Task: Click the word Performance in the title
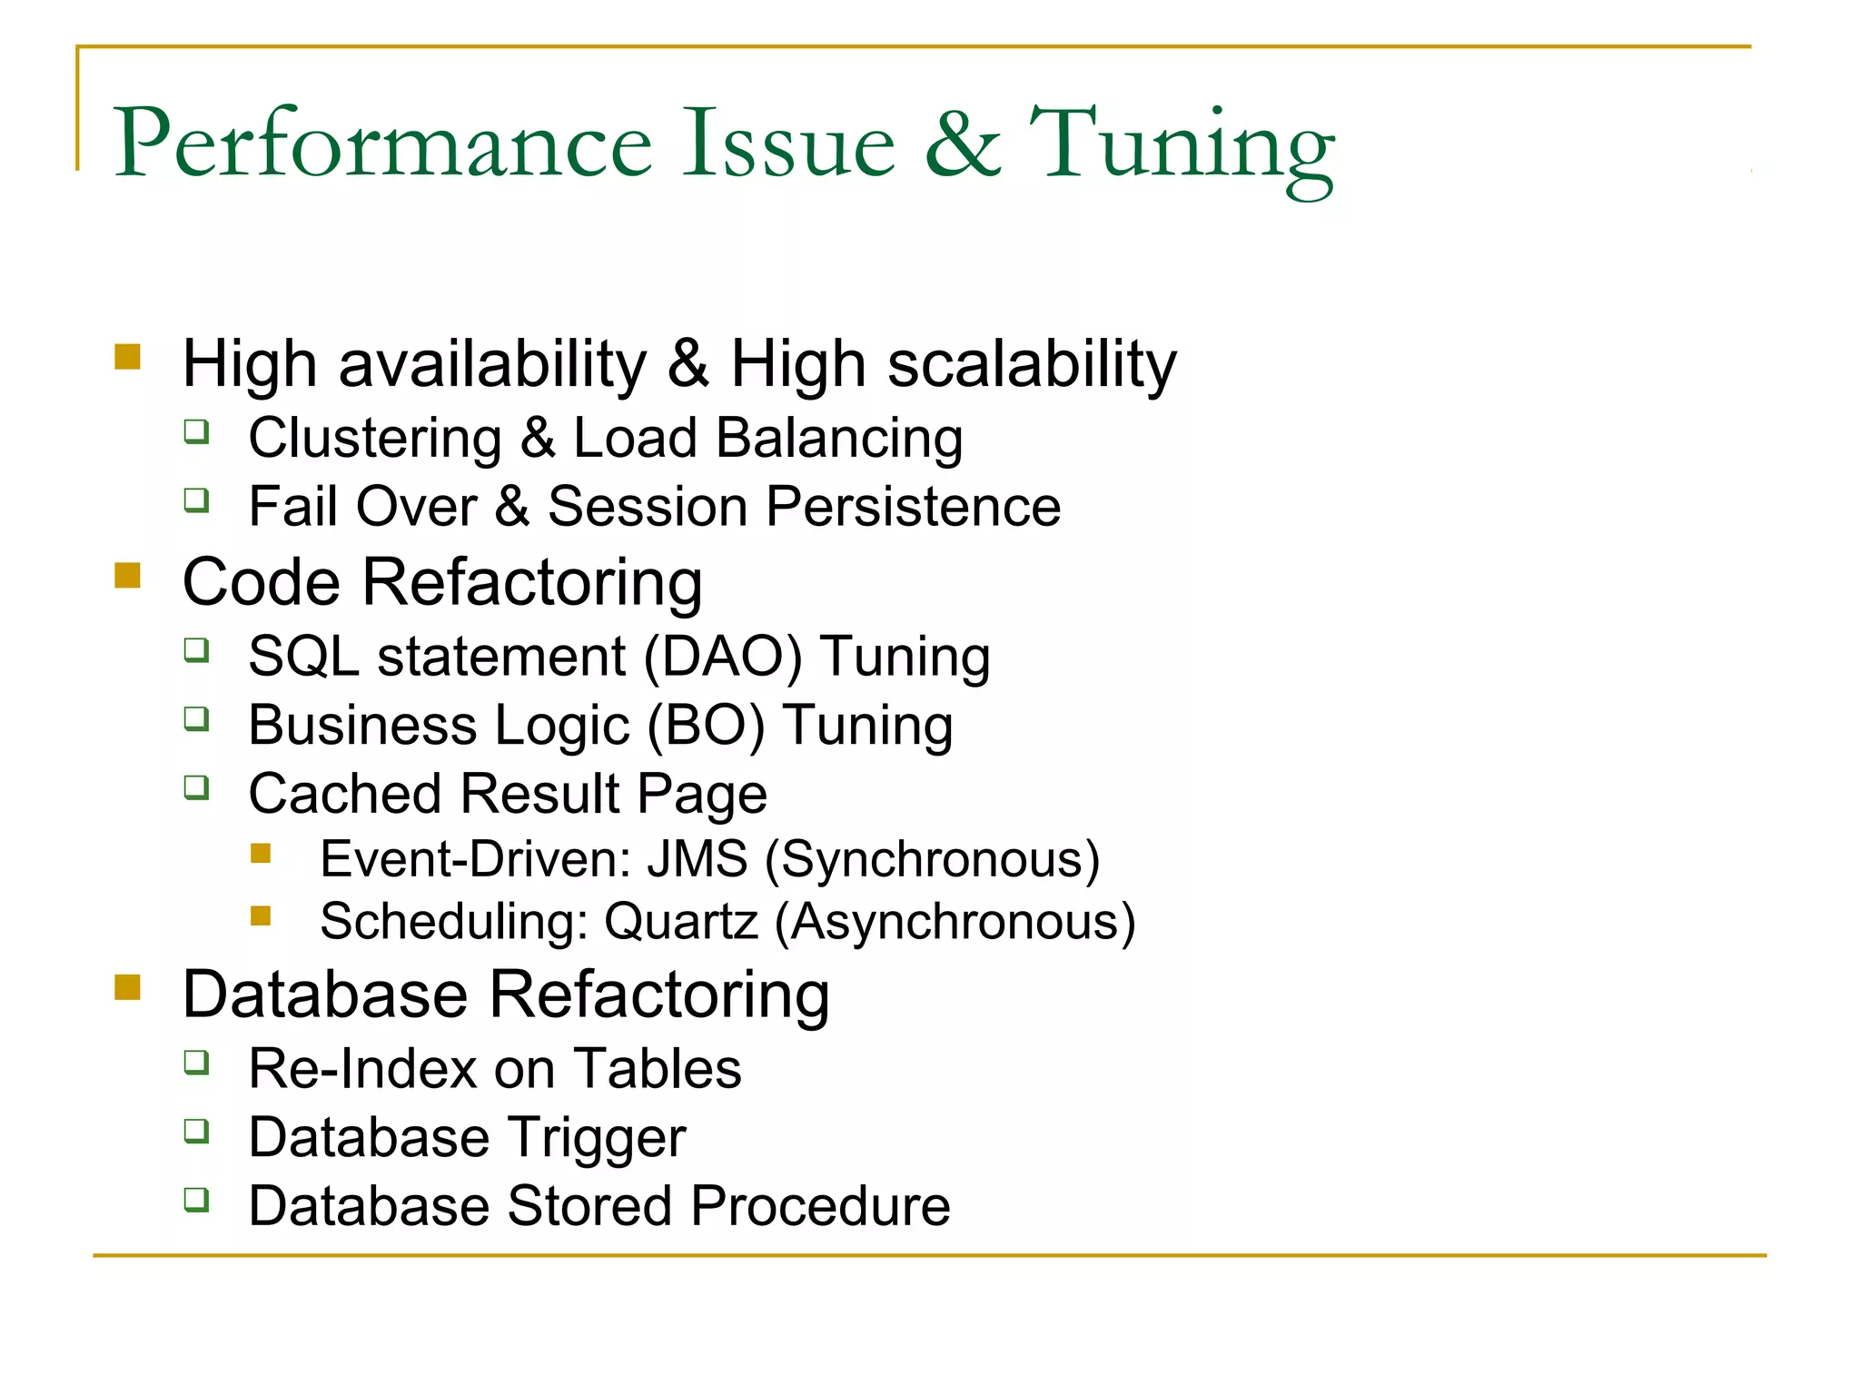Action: click(x=382, y=144)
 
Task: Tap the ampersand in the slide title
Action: click(x=963, y=144)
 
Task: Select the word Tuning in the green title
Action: click(x=1181, y=147)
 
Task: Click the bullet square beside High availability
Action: click(x=128, y=356)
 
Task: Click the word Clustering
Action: click(x=375, y=439)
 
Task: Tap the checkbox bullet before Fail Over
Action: click(x=196, y=500)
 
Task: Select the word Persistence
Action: click(x=913, y=507)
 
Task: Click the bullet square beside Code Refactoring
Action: click(x=128, y=575)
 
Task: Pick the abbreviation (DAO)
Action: click(x=723, y=657)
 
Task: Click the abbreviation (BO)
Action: click(x=706, y=726)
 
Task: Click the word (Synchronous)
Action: click(x=933, y=860)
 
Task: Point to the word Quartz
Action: click(x=681, y=922)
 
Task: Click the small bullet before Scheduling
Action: click(x=262, y=915)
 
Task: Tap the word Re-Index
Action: click(x=362, y=1069)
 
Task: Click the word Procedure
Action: click(x=819, y=1206)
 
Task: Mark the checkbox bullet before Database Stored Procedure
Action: click(x=196, y=1200)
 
